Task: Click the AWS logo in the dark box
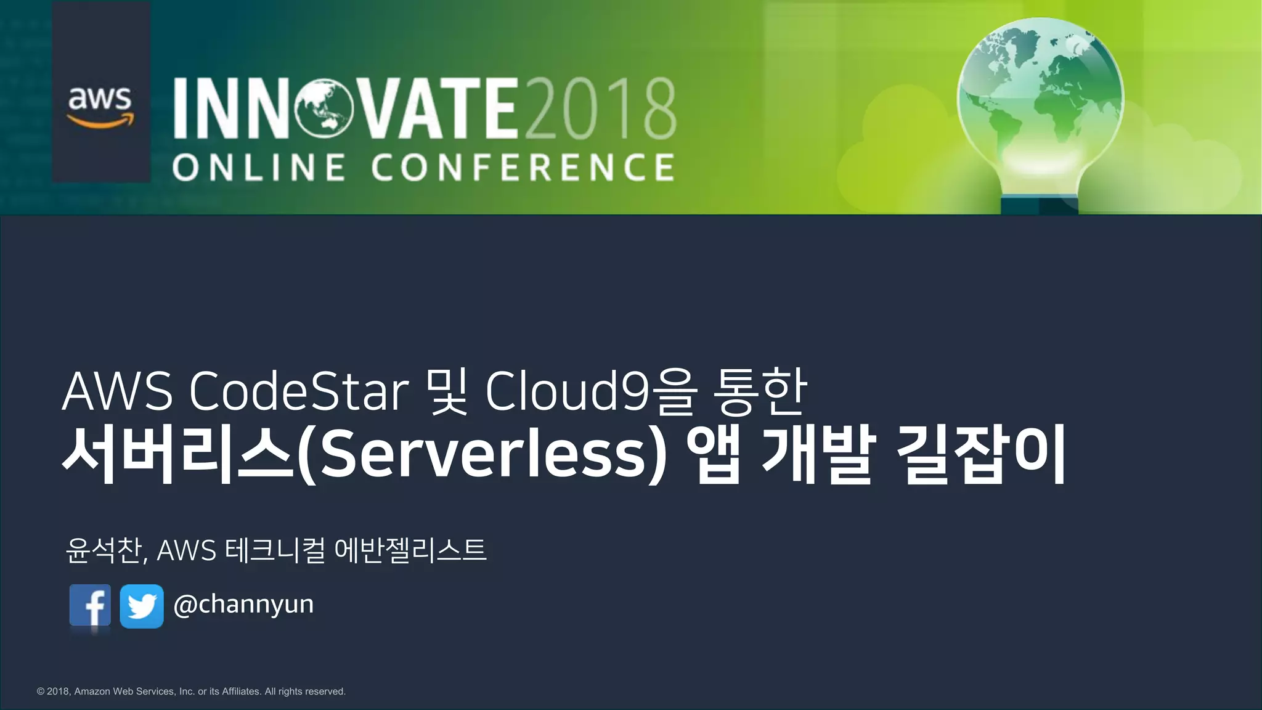pos(100,106)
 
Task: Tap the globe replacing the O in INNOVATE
pos(324,109)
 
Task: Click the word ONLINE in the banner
pos(259,168)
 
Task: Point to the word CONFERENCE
pos(523,168)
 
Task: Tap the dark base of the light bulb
pos(1039,205)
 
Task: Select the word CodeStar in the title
pos(299,391)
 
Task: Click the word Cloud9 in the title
pos(552,391)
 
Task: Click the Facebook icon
pos(90,606)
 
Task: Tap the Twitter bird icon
pos(142,606)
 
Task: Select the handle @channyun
pos(243,605)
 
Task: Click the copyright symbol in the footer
pos(41,692)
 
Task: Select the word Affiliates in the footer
pos(241,692)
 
